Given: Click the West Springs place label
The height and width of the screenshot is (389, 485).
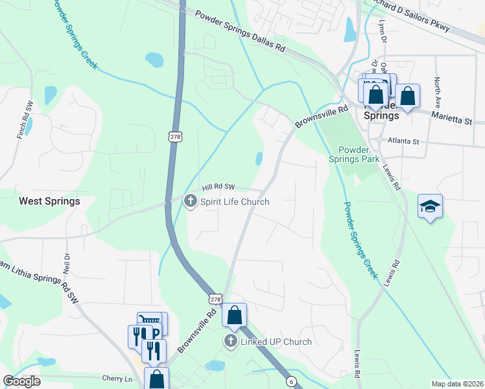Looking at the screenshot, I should pos(49,201).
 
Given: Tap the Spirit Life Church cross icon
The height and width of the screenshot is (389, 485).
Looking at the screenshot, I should pos(191,202).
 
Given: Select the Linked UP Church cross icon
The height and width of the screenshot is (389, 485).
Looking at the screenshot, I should pos(230,342).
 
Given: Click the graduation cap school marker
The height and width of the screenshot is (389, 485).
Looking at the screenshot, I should pos(430,206).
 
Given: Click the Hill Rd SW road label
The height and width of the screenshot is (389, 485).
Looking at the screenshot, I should pos(218,187).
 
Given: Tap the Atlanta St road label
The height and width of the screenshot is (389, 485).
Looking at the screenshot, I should pos(404,141).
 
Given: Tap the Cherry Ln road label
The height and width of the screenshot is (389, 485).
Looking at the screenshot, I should pos(117,378).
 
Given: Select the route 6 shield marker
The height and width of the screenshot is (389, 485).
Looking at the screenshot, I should pos(292,381).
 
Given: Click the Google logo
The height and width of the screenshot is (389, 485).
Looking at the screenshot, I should pos(21,381).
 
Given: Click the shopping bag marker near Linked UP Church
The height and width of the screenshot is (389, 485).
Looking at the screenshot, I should pos(235,316).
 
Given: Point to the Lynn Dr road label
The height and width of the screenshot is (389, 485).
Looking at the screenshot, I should pos(383,32).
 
